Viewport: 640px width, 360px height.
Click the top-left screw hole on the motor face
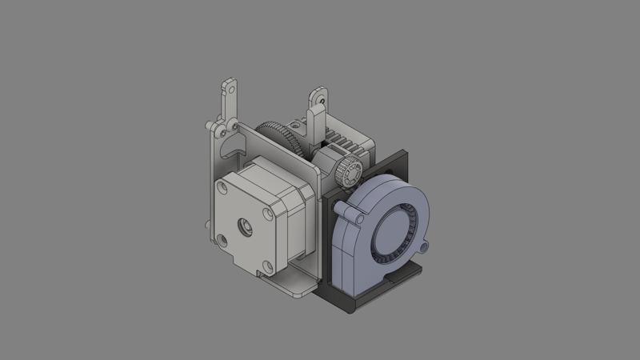222,186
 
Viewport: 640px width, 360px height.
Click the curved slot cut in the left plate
234,149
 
